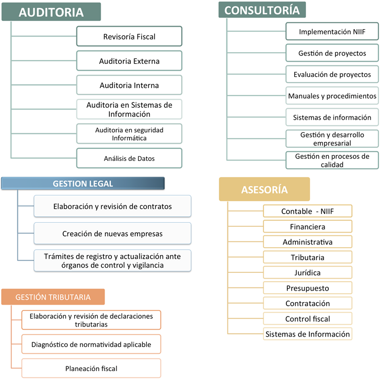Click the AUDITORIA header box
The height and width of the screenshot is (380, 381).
tap(52, 12)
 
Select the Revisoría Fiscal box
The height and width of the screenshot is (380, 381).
tap(129, 37)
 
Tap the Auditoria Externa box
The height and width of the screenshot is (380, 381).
tap(129, 61)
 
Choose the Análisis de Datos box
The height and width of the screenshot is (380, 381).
tap(129, 158)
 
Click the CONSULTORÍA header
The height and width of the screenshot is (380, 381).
tap(262, 10)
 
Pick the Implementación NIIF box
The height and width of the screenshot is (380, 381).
tap(332, 32)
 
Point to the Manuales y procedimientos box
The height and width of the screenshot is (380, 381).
tap(332, 96)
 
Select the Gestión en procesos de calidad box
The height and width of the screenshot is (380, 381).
tap(332, 160)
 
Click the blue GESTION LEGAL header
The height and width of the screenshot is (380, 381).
tap(83, 183)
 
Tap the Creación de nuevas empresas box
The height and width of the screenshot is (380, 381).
tap(112, 234)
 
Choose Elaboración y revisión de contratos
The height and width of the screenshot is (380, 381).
tap(112, 206)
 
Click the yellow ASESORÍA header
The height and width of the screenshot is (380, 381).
tap(264, 189)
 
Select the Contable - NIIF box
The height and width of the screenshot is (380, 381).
tap(307, 211)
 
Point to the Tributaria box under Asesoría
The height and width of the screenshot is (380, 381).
tap(307, 257)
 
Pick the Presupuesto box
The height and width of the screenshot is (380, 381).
tap(307, 288)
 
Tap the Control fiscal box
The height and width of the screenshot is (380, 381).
tap(307, 319)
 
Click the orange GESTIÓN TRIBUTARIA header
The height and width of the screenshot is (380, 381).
tap(53, 297)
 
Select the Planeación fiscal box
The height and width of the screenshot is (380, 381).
tap(91, 369)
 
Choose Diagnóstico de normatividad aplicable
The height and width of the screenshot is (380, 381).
tap(91, 344)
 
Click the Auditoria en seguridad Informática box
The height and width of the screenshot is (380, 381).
tap(129, 134)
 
